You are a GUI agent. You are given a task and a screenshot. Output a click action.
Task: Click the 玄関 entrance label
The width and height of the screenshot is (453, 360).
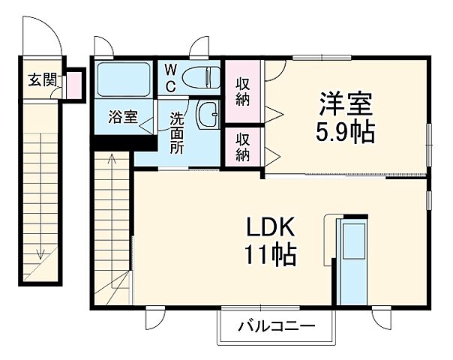[42, 79]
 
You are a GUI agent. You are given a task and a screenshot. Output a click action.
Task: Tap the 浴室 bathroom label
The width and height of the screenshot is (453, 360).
[122, 116]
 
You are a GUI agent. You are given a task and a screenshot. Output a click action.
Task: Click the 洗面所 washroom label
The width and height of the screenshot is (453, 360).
[177, 131]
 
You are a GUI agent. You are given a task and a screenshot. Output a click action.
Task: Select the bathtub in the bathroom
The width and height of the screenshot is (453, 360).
[123, 78]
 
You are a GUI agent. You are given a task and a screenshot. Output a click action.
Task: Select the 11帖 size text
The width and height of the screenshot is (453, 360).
[265, 255]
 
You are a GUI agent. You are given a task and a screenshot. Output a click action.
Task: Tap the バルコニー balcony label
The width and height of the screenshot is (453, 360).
[276, 327]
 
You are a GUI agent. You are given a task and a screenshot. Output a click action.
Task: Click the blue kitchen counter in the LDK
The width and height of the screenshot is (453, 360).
[351, 259]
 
